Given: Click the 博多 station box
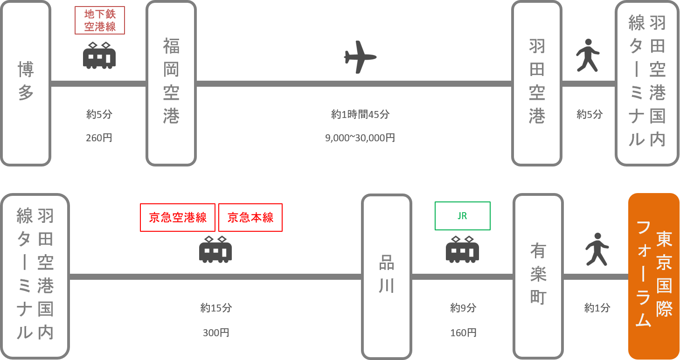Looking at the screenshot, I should tap(26, 83).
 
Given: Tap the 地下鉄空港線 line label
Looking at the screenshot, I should tap(100, 21).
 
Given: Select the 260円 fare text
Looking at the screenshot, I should tap(99, 138).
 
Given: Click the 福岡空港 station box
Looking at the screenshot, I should tap(171, 83).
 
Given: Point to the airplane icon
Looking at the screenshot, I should tap(360, 57).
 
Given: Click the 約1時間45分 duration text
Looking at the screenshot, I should tap(360, 114).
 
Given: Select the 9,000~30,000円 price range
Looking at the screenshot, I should tap(360, 138).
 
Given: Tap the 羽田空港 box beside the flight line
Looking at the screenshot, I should tap(537, 83).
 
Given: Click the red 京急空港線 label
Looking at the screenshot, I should tap(178, 217).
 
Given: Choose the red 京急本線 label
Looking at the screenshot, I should tap(250, 217).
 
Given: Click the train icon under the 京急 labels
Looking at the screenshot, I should tap(215, 250).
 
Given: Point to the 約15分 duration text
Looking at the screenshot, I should tap(216, 308).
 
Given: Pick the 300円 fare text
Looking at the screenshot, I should tap(216, 333).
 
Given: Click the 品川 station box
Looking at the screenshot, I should tap(387, 276).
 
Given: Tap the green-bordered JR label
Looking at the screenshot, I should tap(462, 216).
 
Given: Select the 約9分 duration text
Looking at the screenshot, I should tap(463, 308).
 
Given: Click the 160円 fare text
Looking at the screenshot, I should tap(463, 333).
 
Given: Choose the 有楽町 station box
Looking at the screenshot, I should tap(538, 276).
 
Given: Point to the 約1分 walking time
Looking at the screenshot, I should tap(597, 308).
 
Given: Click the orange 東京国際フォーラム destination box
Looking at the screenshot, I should tap(653, 276).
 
